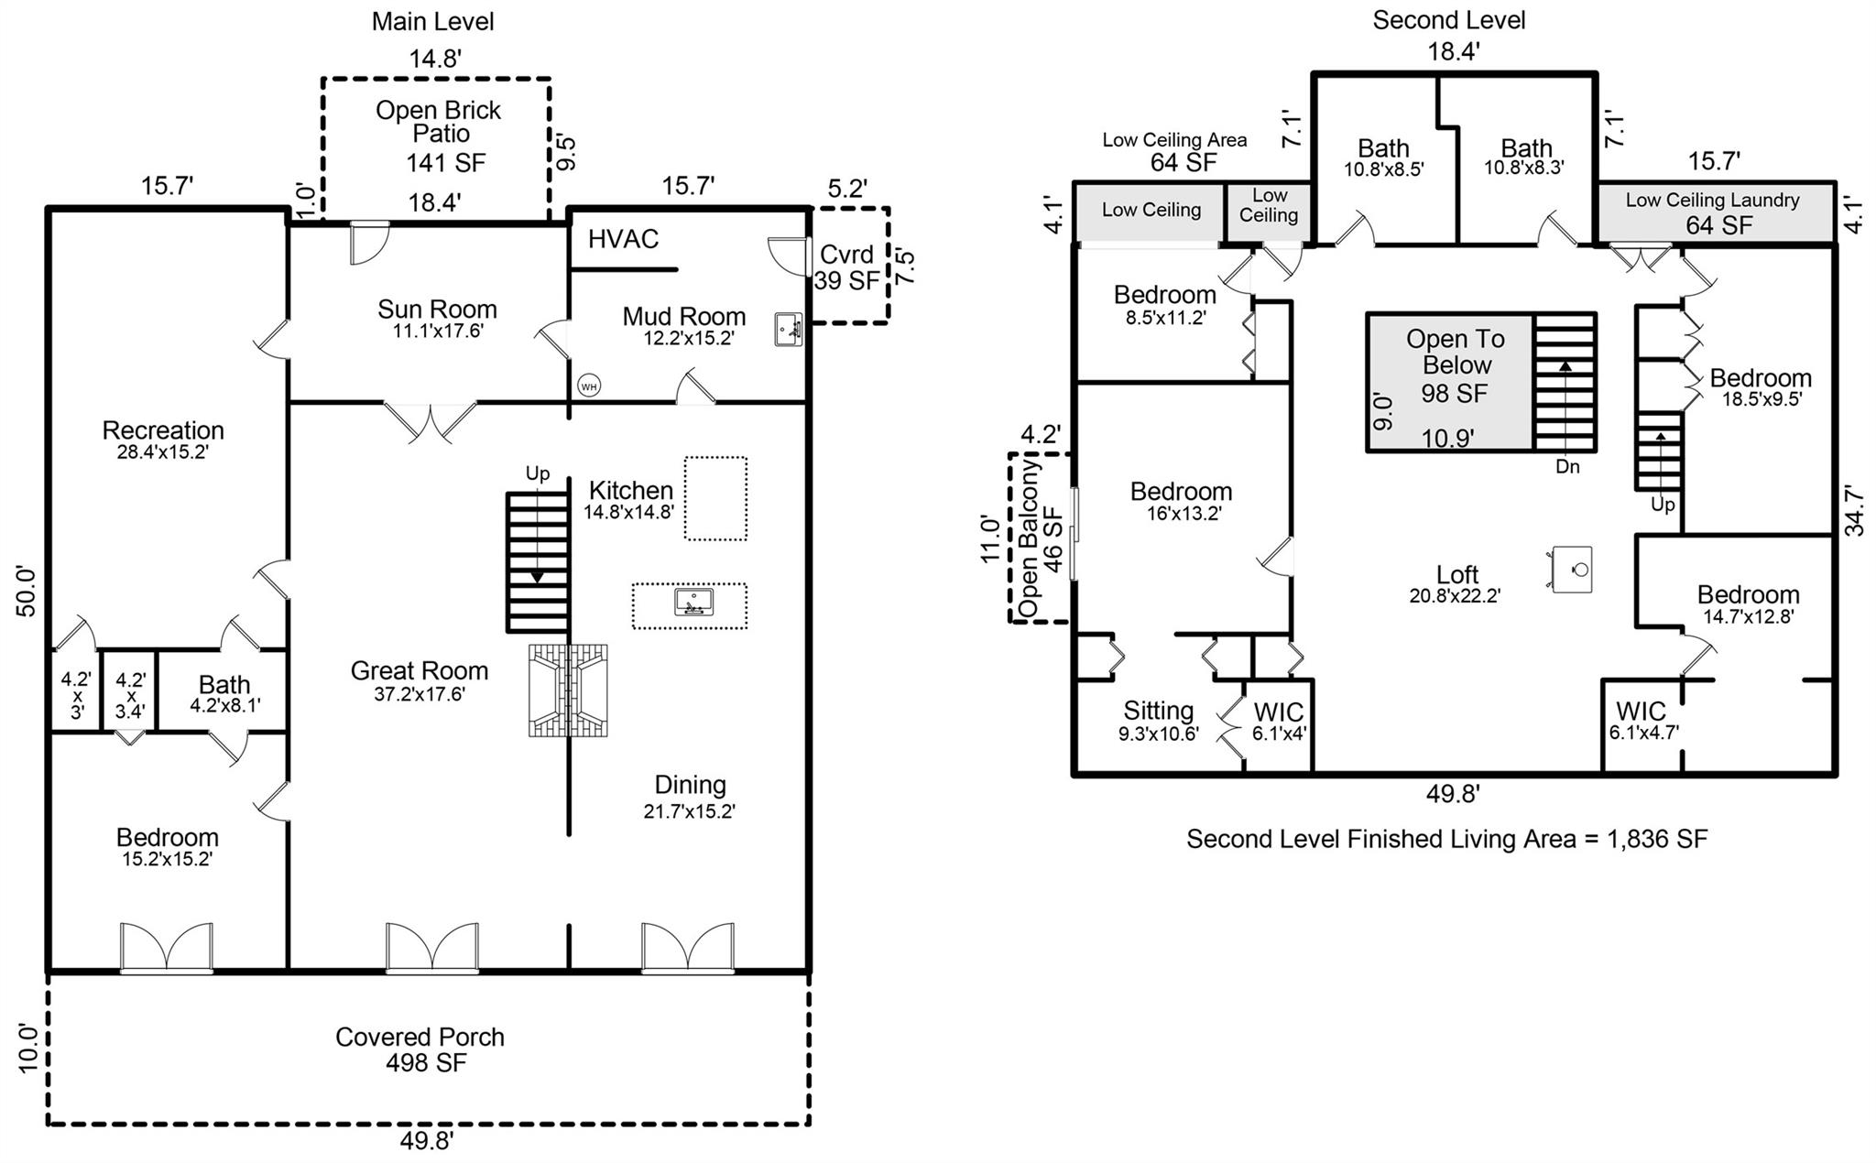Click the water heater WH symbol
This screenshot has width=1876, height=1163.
point(589,386)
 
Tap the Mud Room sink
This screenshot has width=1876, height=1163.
point(788,329)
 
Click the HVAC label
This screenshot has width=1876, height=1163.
point(623,239)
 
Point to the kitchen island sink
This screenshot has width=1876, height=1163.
point(693,603)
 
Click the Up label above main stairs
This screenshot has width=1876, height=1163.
point(538,473)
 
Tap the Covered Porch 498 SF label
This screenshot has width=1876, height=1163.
point(420,1049)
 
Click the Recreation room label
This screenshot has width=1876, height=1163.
point(163,438)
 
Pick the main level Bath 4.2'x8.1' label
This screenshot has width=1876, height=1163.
point(224,692)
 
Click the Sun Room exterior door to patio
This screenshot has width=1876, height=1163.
point(369,241)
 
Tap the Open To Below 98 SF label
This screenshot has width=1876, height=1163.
point(1455,365)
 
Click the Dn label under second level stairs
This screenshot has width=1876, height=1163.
point(1567,467)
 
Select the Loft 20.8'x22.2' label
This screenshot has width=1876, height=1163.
point(1456,583)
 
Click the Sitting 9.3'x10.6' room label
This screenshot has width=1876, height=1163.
point(1159,720)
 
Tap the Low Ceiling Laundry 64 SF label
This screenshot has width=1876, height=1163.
point(1713,212)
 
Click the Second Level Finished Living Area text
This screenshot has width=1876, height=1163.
point(1446,839)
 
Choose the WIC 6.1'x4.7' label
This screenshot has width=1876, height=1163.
point(1643,720)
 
